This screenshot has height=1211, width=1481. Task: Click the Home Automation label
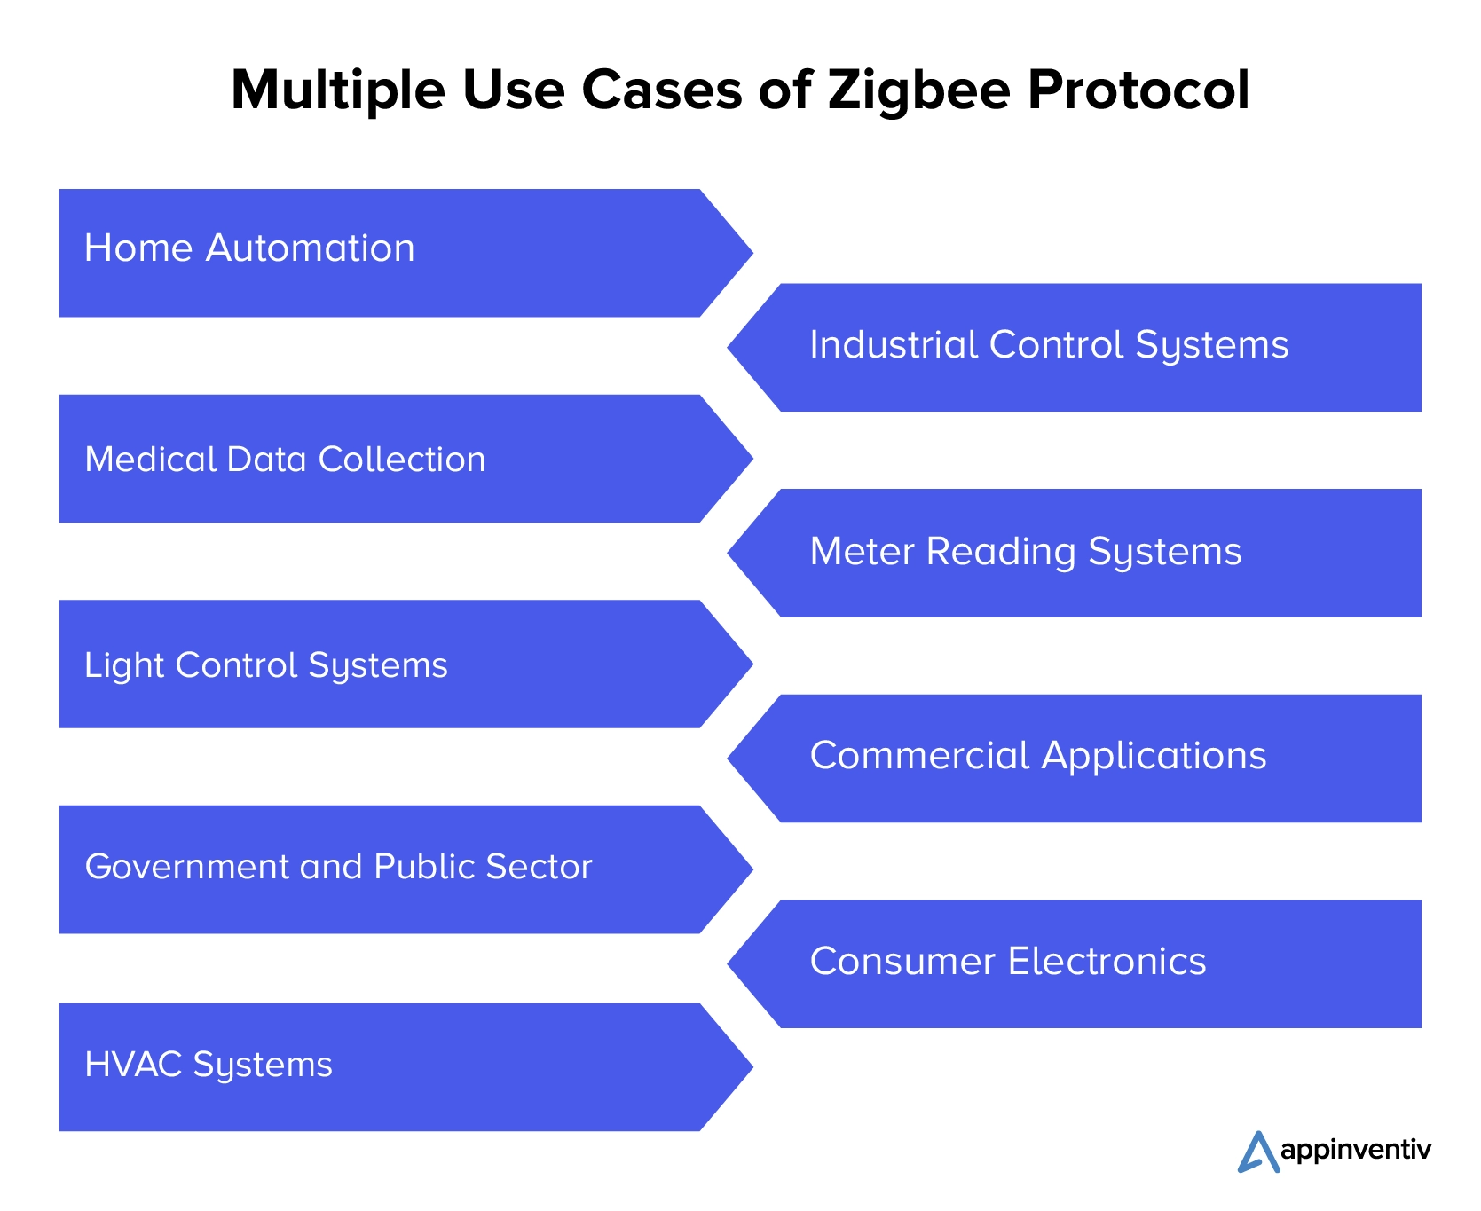click(249, 248)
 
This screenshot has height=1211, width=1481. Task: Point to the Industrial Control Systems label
click(1049, 345)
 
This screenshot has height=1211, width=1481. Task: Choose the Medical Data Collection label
click(285, 460)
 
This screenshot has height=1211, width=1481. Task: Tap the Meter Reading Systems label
click(1026, 552)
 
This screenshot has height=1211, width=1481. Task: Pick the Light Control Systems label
click(266, 665)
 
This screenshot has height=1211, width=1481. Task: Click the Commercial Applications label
click(1038, 756)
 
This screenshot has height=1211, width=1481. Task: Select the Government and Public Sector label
click(338, 867)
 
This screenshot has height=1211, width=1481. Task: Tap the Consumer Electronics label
click(1008, 962)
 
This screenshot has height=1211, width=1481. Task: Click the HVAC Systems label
click(209, 1065)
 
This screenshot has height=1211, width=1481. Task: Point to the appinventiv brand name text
click(1356, 1151)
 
